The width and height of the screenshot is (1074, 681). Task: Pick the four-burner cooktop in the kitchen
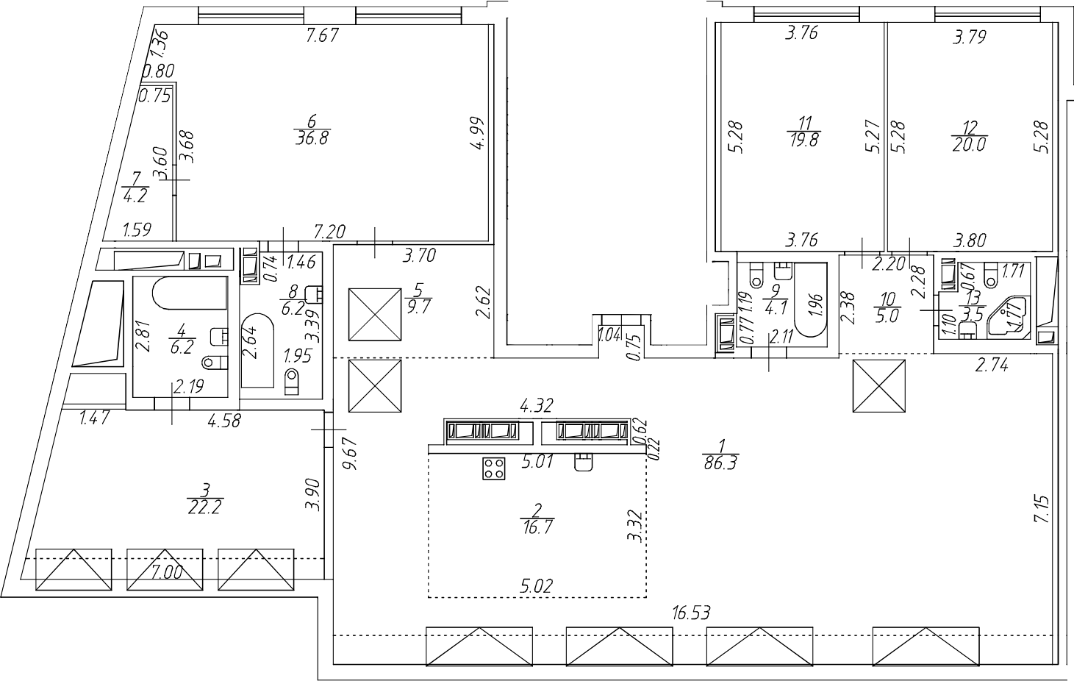pos(494,468)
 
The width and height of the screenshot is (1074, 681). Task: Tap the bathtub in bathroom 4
pos(189,295)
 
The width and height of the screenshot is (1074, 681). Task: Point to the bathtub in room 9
pos(810,309)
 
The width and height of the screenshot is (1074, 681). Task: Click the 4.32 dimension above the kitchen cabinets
pos(537,405)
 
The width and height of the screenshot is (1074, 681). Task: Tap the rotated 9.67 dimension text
pos(351,455)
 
